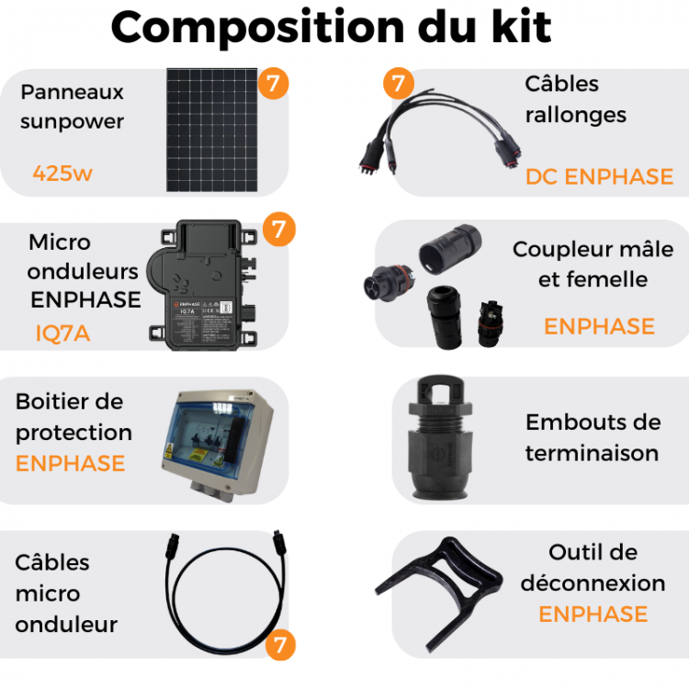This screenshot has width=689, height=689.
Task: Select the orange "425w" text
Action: point(62,173)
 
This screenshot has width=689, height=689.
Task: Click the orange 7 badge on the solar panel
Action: point(272,84)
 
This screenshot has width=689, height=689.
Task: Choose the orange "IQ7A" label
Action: point(62,333)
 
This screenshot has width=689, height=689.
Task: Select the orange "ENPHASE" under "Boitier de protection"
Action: point(70,463)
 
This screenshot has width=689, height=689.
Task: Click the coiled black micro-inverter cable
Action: point(220,588)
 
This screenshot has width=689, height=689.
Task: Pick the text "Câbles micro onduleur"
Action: point(66,593)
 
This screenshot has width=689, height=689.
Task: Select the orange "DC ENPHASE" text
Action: point(599,176)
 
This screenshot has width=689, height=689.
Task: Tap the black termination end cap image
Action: point(447,439)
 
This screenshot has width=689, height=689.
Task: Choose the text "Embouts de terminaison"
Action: point(593,437)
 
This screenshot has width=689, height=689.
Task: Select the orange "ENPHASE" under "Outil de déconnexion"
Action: point(593,614)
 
